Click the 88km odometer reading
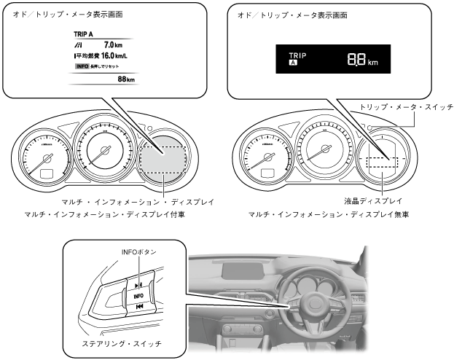(x=126, y=79)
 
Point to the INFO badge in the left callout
(x=82, y=66)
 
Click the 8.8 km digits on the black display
(x=362, y=60)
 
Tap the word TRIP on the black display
(x=299, y=55)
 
